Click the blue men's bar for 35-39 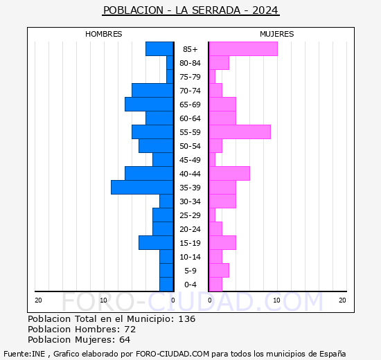[142, 188]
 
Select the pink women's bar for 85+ [242, 49]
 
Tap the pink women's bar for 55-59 [239, 132]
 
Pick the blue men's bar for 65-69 [149, 105]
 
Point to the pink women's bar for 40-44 [229, 174]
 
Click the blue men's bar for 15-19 [156, 243]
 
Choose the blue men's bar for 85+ [159, 49]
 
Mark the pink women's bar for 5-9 [218, 271]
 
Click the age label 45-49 [190, 160]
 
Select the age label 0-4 [190, 285]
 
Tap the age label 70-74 [190, 91]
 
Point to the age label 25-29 [190, 215]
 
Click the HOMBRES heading [104, 34]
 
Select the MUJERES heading [276, 34]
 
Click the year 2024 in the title [265, 10]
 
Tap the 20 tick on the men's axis [39, 300]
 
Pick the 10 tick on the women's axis [276, 300]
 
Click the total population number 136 [186, 319]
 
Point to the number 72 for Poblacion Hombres [130, 330]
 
